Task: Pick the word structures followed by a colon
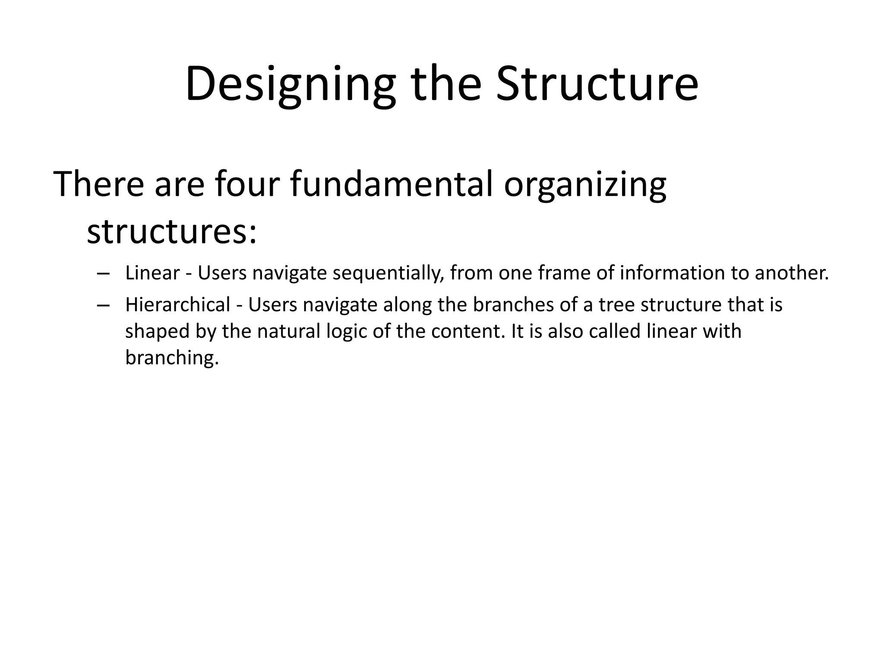(171, 232)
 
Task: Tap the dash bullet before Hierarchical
(103, 305)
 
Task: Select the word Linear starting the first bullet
(152, 273)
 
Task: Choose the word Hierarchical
(178, 305)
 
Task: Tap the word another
(792, 273)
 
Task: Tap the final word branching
(172, 358)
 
